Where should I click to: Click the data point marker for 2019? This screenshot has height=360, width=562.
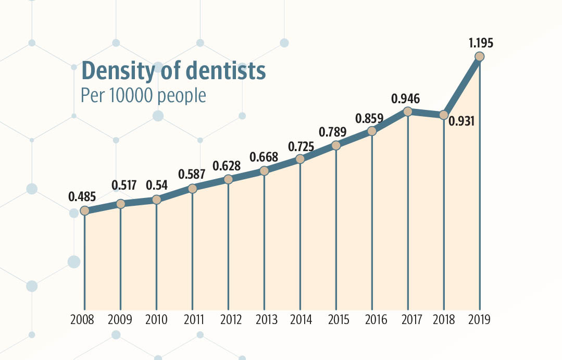coord(480,57)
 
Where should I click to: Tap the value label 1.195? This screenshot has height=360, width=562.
coord(479,43)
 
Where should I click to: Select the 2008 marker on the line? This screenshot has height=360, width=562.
coord(84,211)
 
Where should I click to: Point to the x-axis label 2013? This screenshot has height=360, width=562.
coord(264,319)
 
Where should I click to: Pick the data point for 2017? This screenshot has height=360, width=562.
coord(408,112)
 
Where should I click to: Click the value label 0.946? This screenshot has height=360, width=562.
coord(406,98)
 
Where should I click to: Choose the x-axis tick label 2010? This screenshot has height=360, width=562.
coord(156,319)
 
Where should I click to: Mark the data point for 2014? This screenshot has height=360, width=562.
coord(300,159)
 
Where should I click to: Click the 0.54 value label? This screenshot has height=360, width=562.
coord(156,185)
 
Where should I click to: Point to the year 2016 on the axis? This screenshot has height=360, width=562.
coord(372,319)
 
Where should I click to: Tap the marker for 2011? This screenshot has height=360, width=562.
coord(192,189)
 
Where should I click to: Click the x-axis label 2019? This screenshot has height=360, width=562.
coord(479,319)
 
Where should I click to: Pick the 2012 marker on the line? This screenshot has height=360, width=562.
coord(228,179)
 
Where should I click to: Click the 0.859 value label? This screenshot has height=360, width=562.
coord(369,118)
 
